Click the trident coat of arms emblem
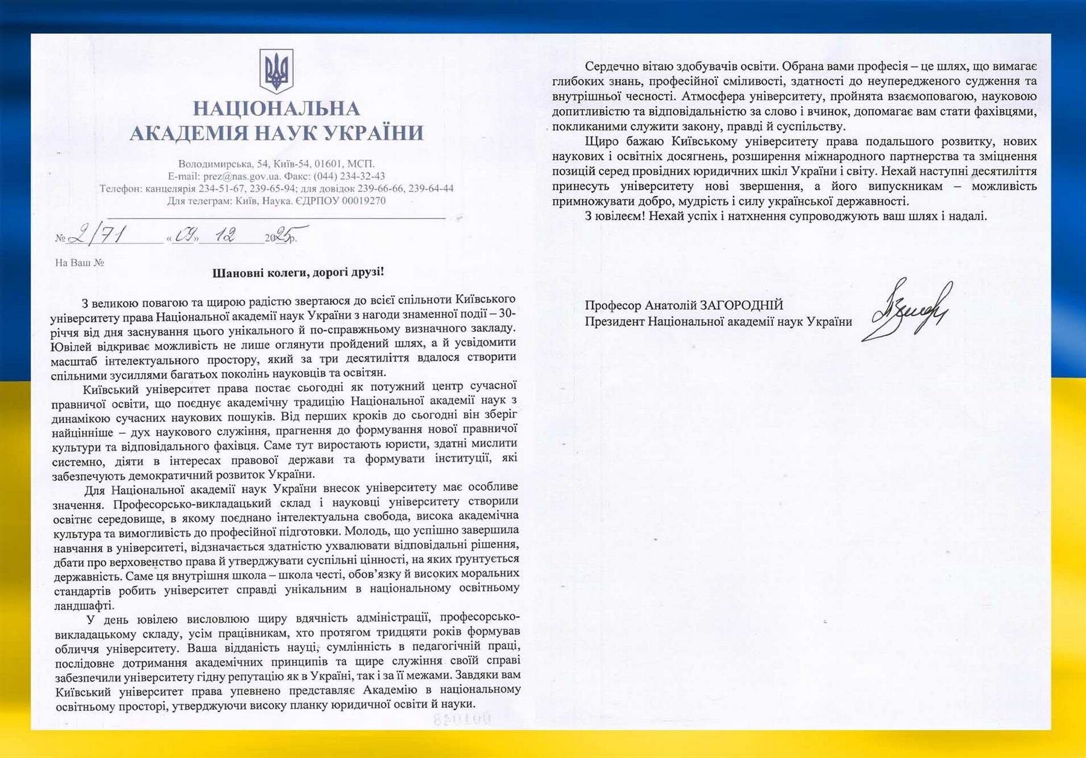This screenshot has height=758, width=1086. click(x=276, y=71)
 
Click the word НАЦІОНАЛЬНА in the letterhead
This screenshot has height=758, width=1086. click(x=276, y=109)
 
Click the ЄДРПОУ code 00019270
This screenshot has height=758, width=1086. click(x=364, y=201)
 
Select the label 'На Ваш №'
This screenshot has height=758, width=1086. click(x=80, y=263)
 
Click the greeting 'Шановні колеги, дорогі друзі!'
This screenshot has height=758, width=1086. click(x=298, y=272)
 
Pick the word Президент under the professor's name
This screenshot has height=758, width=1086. click(x=615, y=322)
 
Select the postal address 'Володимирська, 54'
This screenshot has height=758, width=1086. click(x=223, y=164)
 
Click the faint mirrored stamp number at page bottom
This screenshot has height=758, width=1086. click(x=462, y=719)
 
